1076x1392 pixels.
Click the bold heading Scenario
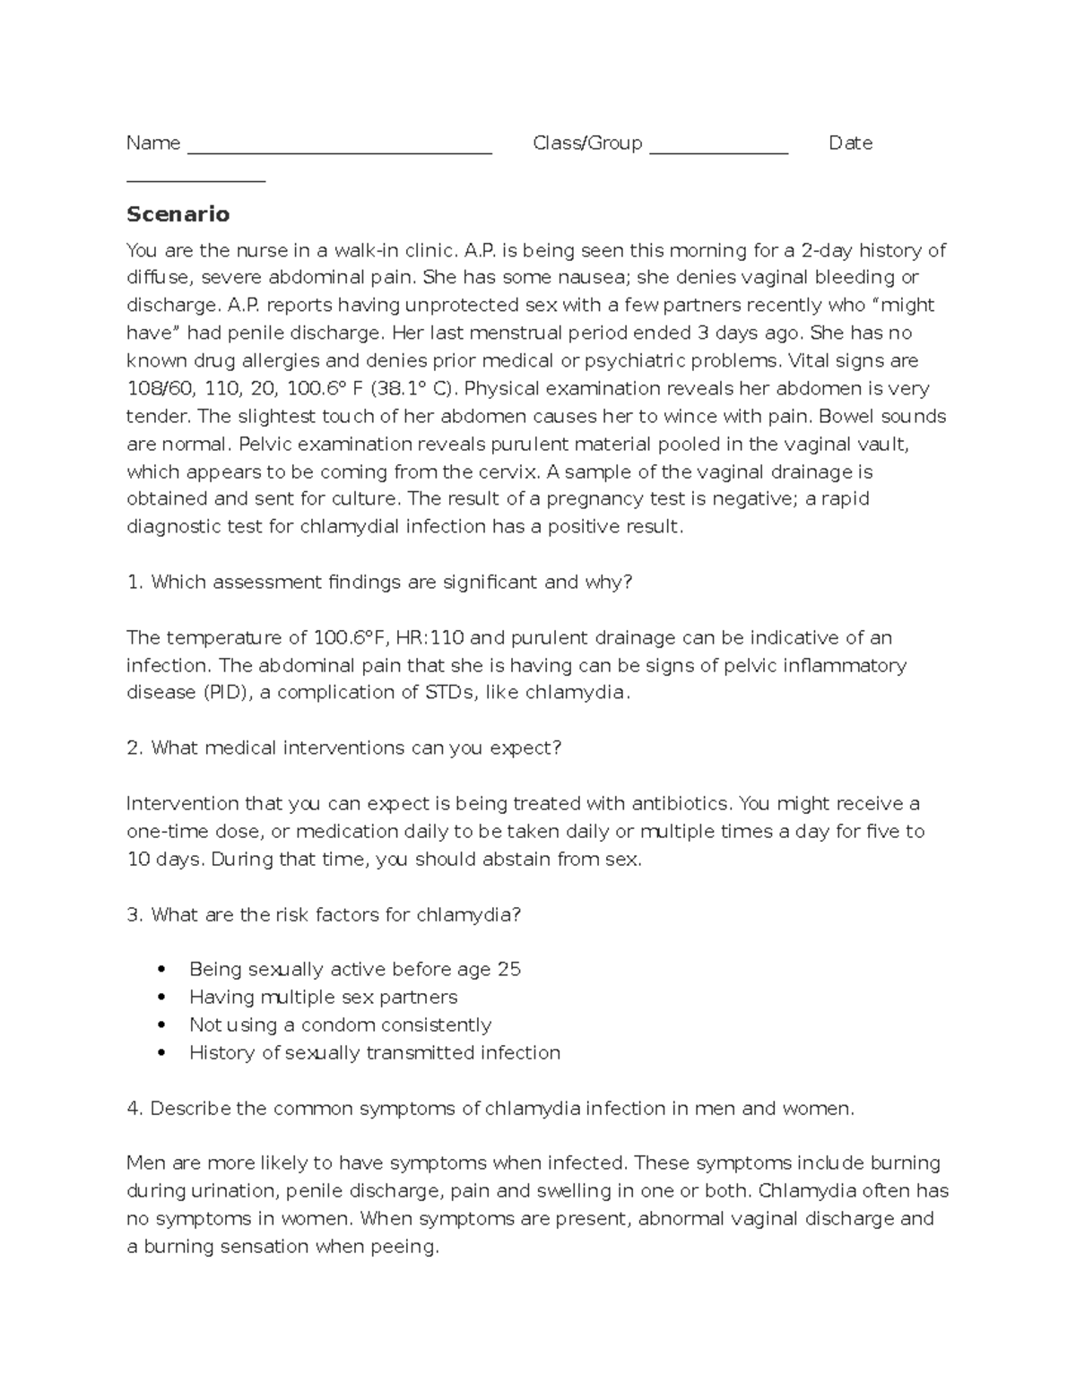[x=178, y=214]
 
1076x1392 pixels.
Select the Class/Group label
[x=587, y=143]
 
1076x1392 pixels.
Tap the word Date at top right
[x=850, y=143]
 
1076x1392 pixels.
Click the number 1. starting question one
[x=135, y=583]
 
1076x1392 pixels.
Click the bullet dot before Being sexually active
[x=161, y=970]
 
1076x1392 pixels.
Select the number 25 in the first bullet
[x=508, y=970]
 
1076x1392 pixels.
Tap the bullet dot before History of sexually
[x=161, y=1053]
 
